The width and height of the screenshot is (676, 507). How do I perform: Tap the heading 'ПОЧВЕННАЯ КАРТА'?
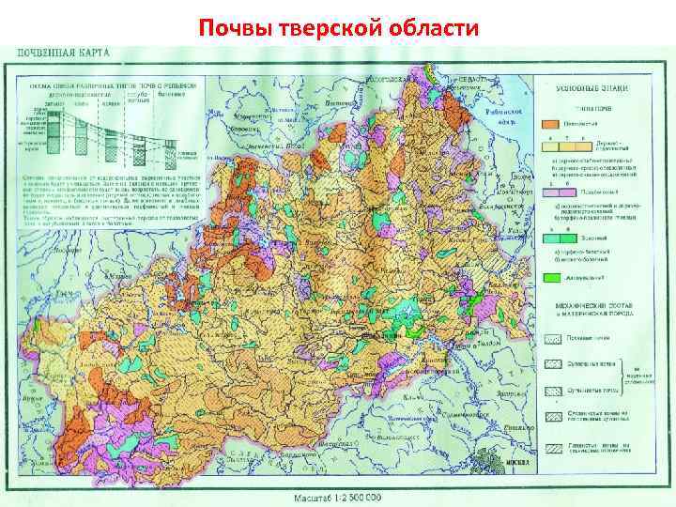tap(61, 54)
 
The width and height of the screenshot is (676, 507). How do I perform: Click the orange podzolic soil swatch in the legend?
tap(549, 122)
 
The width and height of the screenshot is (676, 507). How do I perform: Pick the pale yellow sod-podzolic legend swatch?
tap(549, 145)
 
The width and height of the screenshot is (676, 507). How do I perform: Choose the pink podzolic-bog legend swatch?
tap(549, 191)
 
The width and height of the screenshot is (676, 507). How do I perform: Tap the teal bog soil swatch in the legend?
tap(549, 239)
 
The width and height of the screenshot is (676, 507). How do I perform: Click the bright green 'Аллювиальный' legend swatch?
tap(549, 279)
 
